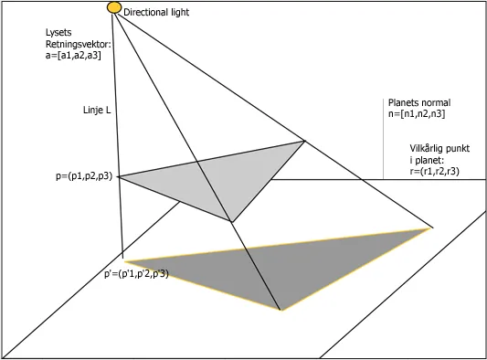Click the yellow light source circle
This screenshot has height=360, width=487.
coord(114,7)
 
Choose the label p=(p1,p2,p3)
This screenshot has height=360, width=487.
coord(84,176)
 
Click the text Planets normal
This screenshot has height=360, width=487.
coord(419,103)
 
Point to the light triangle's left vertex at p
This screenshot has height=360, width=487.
coord(117,176)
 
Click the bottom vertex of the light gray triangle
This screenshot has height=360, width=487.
coord(232,222)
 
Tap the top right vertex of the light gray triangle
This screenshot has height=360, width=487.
coord(303,141)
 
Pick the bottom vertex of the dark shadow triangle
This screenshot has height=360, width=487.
coord(281,311)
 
